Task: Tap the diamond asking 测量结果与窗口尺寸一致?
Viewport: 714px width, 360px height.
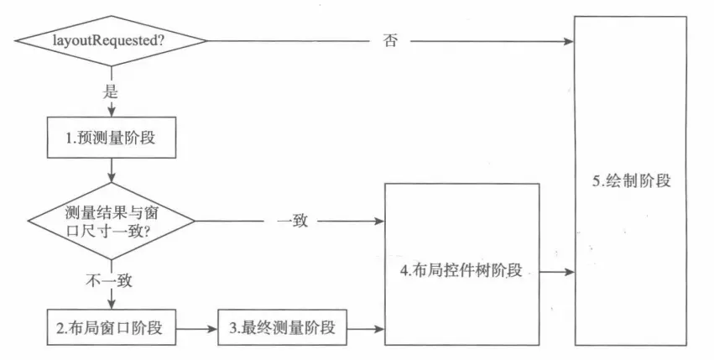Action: coord(111,222)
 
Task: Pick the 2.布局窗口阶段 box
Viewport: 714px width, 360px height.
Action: coord(112,328)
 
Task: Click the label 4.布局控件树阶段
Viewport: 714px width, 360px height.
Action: coord(462,270)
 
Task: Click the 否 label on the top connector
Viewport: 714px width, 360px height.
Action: coord(390,40)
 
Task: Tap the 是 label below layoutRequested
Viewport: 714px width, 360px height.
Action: coord(111,92)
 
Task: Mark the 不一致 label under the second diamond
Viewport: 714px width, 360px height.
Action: coord(111,279)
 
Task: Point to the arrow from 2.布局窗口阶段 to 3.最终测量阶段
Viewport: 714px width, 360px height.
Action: coord(197,328)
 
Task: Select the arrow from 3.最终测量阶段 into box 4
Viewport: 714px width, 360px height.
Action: coord(366,328)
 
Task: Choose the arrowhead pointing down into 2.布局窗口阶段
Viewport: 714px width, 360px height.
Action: coord(111,303)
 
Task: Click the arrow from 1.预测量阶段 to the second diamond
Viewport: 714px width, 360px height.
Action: coord(111,171)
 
